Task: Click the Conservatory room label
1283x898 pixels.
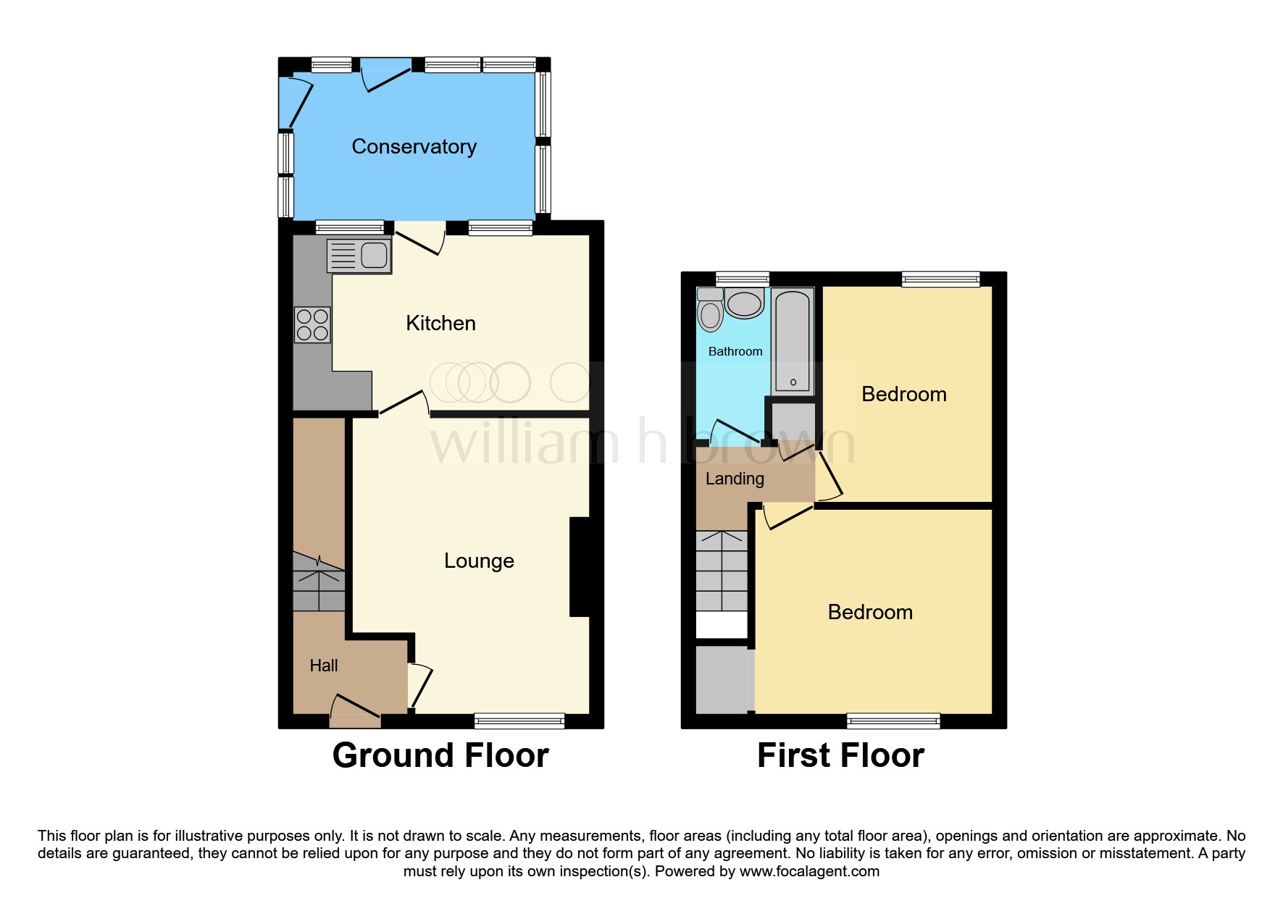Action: point(414,147)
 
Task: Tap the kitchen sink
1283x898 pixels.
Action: point(359,256)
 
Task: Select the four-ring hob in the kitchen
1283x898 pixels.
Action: point(312,324)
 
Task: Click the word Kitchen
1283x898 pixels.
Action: point(440,323)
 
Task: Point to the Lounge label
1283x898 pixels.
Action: point(479,561)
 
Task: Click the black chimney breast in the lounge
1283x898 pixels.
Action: point(580,566)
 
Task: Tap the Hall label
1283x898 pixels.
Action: point(324,666)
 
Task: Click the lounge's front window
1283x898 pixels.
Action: point(519,720)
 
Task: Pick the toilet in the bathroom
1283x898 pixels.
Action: point(710,311)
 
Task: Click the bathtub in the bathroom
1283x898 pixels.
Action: point(793,340)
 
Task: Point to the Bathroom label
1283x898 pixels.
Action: point(735,351)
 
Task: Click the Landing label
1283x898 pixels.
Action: point(735,479)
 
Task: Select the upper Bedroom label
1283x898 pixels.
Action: point(903,394)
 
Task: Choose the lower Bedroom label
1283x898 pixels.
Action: point(869,612)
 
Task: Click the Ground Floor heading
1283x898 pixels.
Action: point(440,755)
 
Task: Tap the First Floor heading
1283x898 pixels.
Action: point(840,755)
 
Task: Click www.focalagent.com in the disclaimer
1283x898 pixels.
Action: point(809,871)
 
